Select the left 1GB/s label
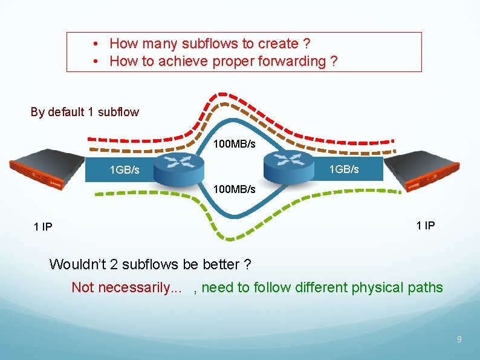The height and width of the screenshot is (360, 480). (x=125, y=170)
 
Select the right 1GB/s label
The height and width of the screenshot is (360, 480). (x=344, y=169)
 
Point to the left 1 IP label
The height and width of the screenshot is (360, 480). (x=43, y=227)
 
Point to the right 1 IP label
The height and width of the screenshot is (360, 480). (x=426, y=226)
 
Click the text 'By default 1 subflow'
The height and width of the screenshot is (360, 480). (x=85, y=112)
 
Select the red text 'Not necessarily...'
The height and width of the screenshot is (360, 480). (x=126, y=287)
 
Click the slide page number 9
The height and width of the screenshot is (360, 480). (x=459, y=340)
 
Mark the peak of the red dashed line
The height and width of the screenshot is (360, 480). (x=232, y=96)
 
